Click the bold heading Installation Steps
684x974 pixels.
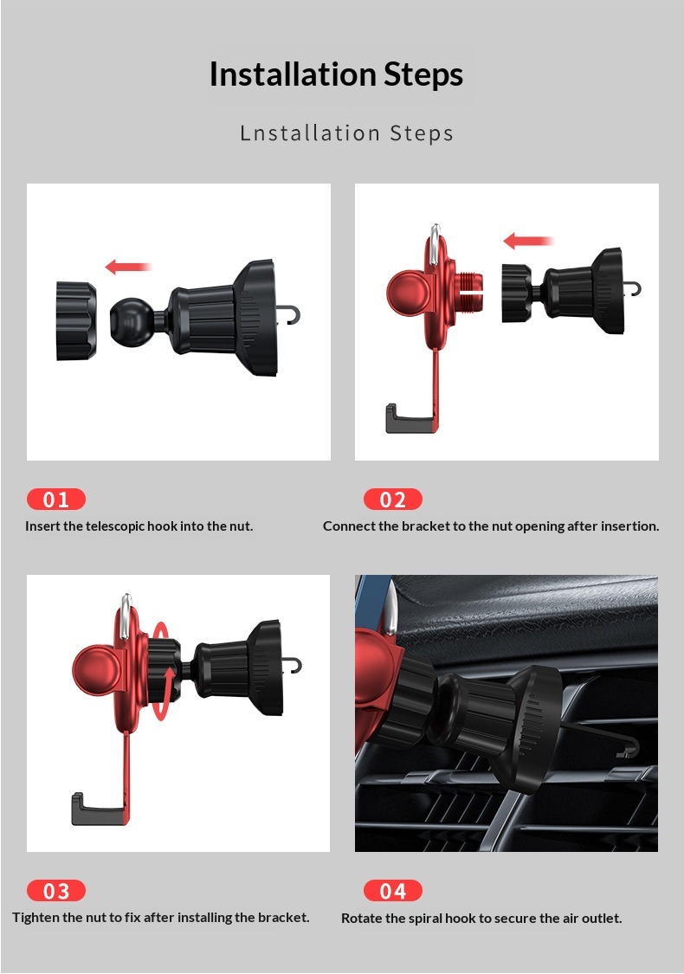coord(336,74)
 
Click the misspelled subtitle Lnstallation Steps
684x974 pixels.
coord(346,133)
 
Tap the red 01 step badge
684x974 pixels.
coord(56,500)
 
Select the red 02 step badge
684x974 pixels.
coord(392,500)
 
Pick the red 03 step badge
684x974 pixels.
coord(56,891)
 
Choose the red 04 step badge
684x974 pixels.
coord(392,891)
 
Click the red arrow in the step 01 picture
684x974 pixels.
coord(128,268)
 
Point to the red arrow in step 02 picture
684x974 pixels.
coord(527,241)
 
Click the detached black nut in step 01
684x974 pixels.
coord(76,320)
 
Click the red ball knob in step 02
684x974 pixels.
coord(408,291)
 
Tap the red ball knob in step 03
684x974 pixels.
coord(95,671)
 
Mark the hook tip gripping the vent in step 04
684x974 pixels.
coord(629,748)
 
